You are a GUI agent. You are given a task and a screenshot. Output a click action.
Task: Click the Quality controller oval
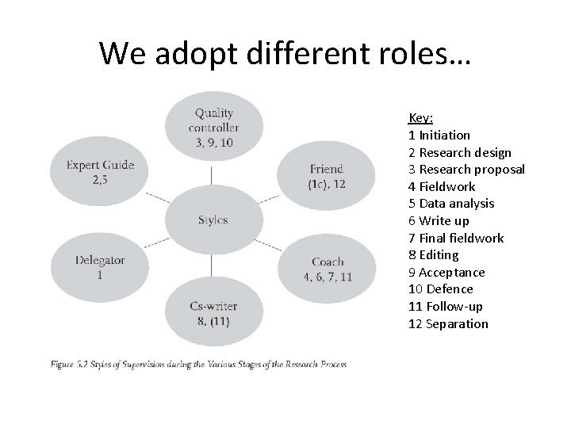click(x=214, y=127)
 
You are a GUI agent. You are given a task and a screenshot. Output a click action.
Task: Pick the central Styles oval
click(x=213, y=220)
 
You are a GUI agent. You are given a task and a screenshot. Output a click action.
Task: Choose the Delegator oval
click(x=100, y=266)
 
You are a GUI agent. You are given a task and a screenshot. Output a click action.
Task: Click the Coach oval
click(x=327, y=268)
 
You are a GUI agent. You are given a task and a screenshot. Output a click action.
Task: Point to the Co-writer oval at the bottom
click(x=213, y=312)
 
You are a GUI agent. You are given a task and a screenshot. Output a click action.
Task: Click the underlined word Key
click(x=420, y=118)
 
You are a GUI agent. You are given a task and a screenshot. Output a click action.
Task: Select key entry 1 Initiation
click(x=439, y=135)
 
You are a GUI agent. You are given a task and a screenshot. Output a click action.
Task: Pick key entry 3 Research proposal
click(x=466, y=170)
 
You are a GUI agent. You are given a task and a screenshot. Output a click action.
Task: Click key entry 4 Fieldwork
click(x=442, y=186)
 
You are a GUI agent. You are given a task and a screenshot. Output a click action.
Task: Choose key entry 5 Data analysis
click(x=451, y=204)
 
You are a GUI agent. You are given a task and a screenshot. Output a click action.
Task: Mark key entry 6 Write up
click(x=439, y=221)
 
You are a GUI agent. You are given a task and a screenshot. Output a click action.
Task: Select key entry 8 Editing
click(x=433, y=255)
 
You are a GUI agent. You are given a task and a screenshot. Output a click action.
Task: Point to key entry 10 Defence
click(x=440, y=289)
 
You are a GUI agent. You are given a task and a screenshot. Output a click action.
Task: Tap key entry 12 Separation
click(x=448, y=323)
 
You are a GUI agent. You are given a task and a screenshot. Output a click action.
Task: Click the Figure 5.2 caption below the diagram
click(x=198, y=365)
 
